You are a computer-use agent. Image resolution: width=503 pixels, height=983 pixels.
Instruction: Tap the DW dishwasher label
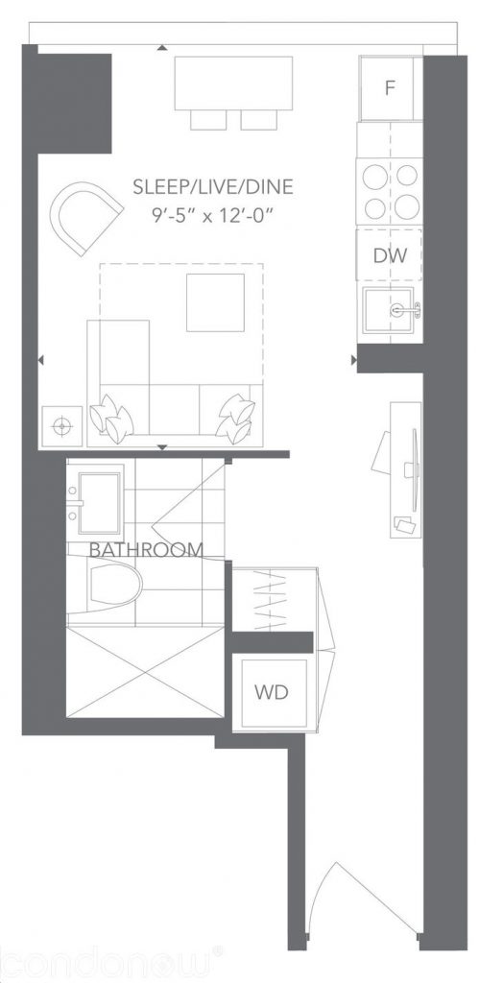click(389, 255)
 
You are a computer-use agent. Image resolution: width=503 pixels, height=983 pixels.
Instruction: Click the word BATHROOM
click(146, 550)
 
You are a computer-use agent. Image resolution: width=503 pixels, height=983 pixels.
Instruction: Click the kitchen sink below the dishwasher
click(391, 310)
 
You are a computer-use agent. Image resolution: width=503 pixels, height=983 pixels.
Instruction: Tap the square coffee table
click(214, 302)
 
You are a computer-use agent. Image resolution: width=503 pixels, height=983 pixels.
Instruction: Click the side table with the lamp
click(62, 424)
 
